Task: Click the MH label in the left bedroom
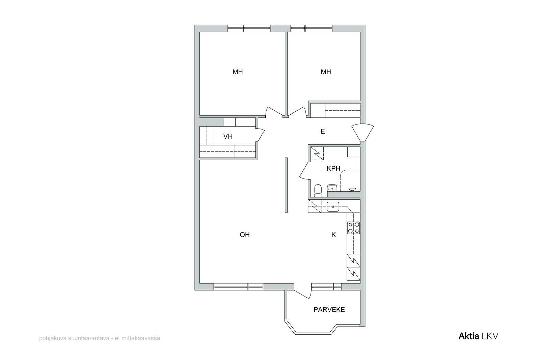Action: tap(238, 72)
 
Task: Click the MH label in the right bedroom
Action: tap(326, 72)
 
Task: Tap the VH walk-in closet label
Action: tap(228, 136)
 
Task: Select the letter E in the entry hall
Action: tap(323, 131)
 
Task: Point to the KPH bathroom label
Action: tap(333, 168)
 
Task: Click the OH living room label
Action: tap(245, 235)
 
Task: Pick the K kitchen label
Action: tap(334, 235)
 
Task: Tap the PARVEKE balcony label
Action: tap(329, 310)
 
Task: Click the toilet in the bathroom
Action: tap(318, 191)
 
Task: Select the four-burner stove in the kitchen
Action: tap(353, 228)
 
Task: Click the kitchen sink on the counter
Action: tap(333, 206)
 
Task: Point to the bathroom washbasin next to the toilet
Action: tap(332, 188)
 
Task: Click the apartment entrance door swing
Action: tap(362, 132)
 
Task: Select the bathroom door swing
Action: tap(304, 171)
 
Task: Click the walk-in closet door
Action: tap(261, 135)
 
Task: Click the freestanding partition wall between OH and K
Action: tap(286, 185)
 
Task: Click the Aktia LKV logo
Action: tap(478, 336)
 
